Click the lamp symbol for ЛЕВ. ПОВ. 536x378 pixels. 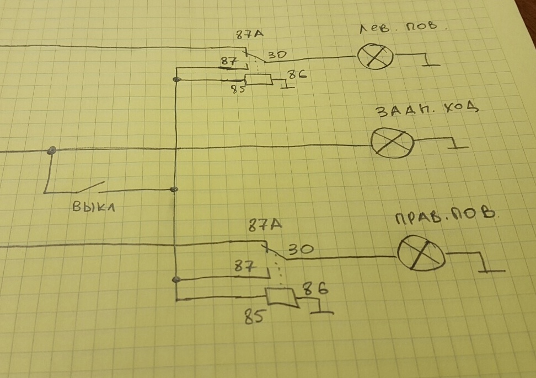pos(376,57)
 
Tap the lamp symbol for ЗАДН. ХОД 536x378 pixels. pos(392,142)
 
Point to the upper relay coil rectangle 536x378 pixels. pos(258,80)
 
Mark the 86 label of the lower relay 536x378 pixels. pos(316,288)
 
